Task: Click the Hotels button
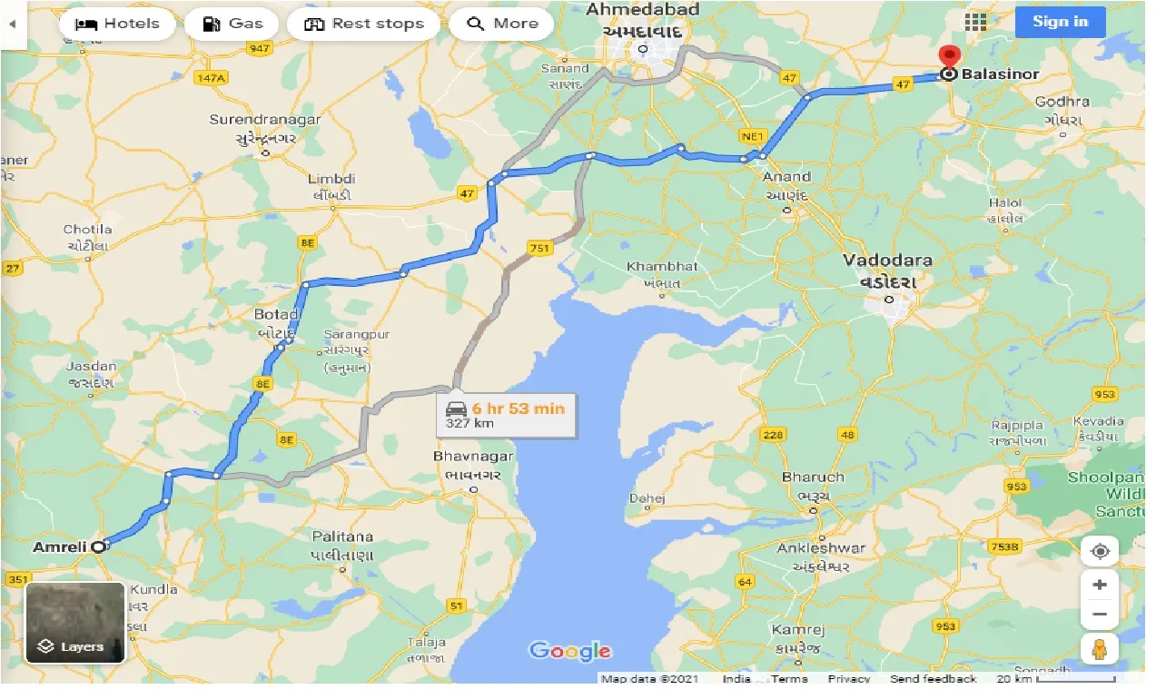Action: point(116,24)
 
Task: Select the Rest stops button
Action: point(363,24)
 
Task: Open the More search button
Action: point(502,24)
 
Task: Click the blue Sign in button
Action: point(1060,22)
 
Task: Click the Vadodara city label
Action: point(887,261)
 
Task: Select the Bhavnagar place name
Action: point(473,457)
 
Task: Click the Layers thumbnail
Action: point(75,623)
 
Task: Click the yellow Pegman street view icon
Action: point(1099,649)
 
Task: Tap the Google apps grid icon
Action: point(976,23)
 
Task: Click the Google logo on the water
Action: point(569,651)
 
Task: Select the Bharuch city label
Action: point(813,477)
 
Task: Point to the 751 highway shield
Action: point(539,248)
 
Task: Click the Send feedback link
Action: point(933,679)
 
